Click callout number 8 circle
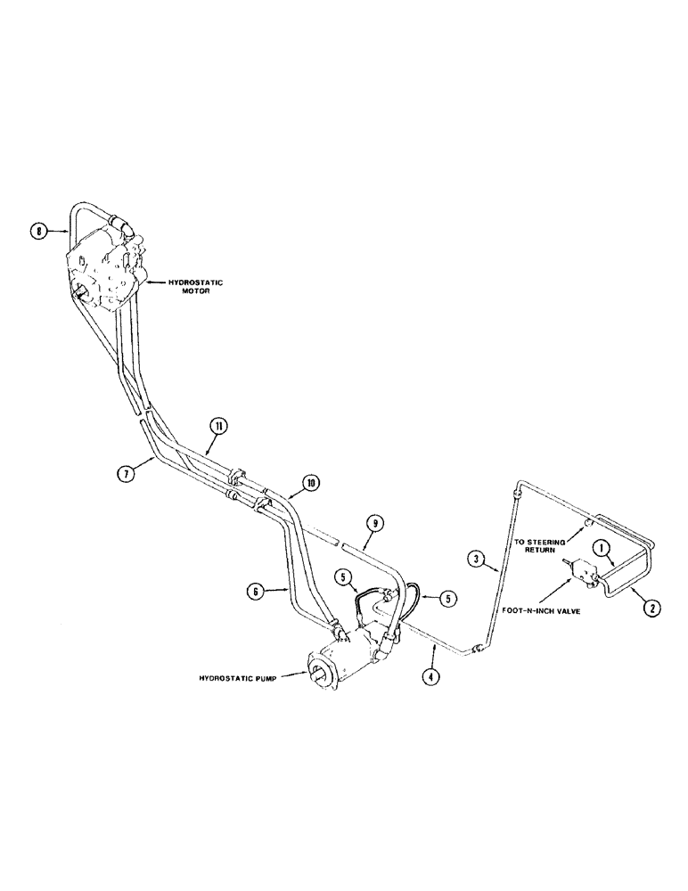[37, 233]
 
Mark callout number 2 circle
[651, 609]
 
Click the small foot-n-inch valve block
[585, 570]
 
